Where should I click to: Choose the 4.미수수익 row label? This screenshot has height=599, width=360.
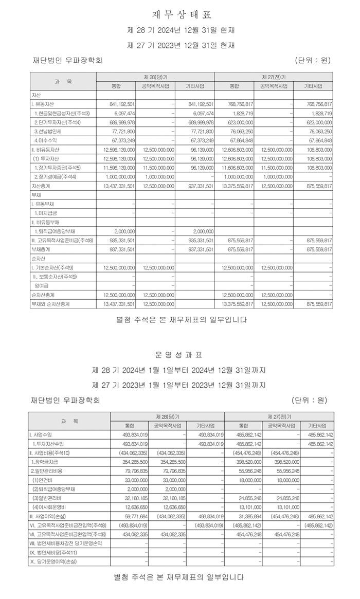point(46,140)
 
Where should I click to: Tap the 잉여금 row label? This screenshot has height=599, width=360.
point(41,286)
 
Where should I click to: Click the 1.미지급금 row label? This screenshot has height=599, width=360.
point(46,212)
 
